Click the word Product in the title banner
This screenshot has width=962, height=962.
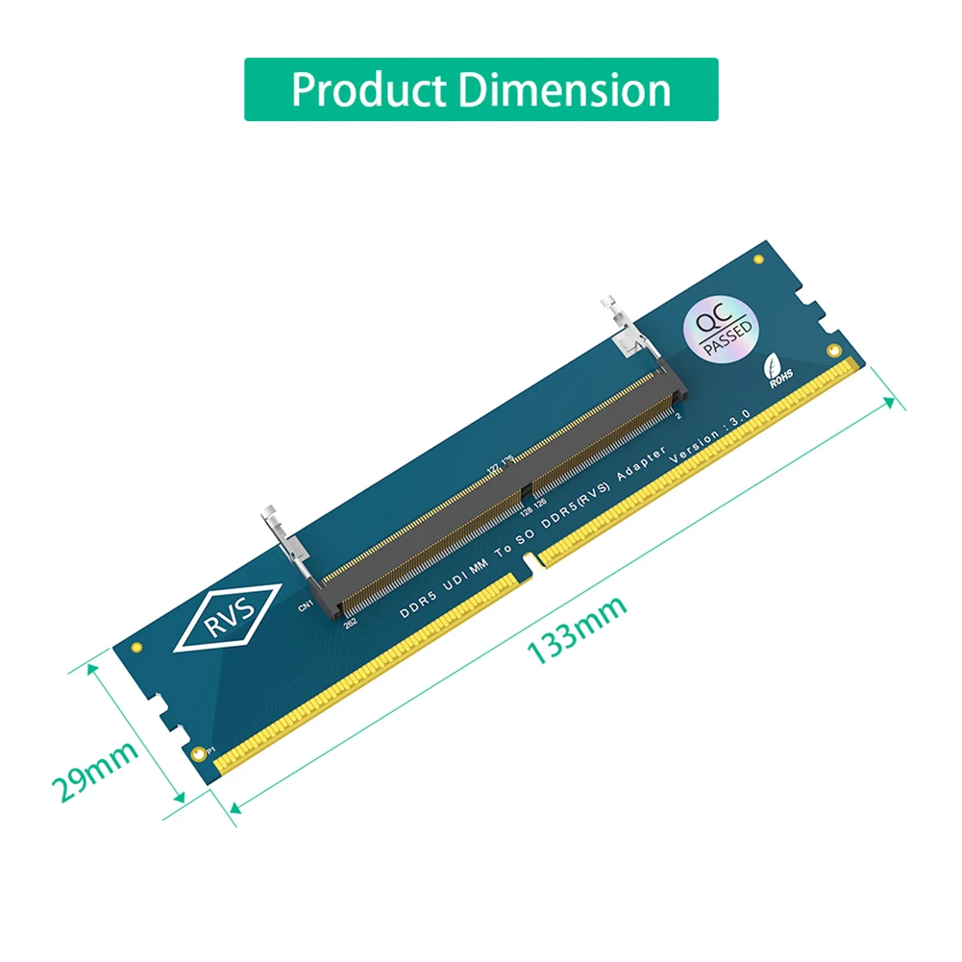[x=368, y=90]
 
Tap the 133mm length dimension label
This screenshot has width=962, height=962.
[x=577, y=629]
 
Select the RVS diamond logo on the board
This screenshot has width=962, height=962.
[x=228, y=618]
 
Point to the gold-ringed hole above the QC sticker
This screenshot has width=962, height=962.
[x=759, y=259]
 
